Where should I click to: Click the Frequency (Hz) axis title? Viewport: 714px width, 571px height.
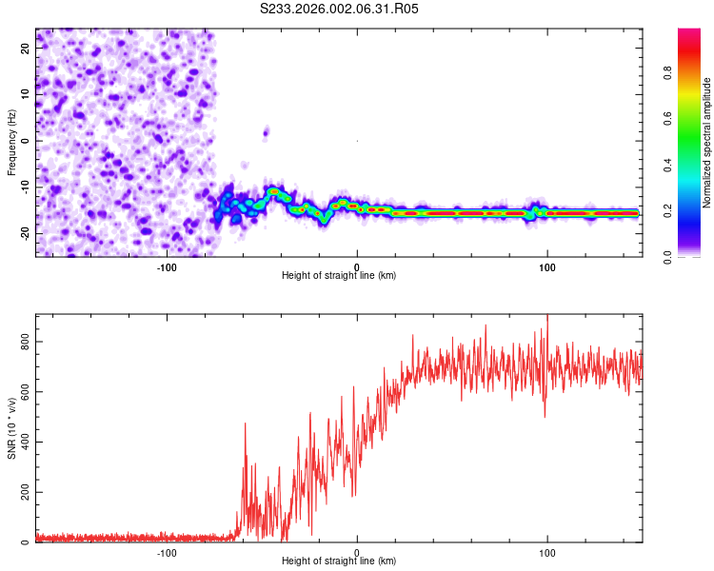pos(11,142)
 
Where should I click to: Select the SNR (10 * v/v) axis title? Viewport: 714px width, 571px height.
pos(11,427)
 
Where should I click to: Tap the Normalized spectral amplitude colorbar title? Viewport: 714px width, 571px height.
pos(707,144)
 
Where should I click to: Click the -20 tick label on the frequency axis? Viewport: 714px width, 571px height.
pos(24,232)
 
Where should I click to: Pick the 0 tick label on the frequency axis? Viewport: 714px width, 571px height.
pos(24,140)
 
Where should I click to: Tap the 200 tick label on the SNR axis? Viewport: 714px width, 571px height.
pos(24,492)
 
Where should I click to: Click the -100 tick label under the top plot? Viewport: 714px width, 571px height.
pos(168,266)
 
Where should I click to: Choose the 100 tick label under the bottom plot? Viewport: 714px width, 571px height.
pos(546,552)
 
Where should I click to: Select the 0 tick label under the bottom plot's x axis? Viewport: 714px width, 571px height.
pos(357,552)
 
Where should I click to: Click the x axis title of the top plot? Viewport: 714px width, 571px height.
pos(339,275)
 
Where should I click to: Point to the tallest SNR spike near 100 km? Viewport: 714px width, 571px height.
pos(547,317)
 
